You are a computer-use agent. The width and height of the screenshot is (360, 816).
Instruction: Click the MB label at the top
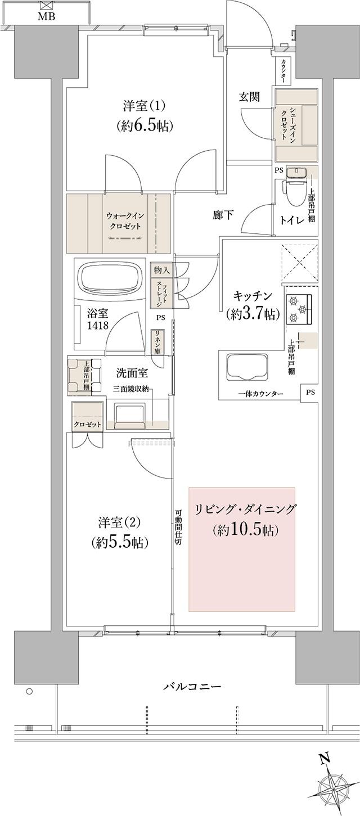click(x=46, y=16)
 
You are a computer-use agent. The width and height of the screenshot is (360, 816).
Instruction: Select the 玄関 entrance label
click(x=249, y=97)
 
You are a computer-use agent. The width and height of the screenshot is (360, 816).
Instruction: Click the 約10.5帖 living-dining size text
click(x=246, y=529)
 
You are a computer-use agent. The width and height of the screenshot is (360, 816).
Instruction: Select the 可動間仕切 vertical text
click(x=177, y=528)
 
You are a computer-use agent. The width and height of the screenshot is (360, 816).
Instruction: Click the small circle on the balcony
click(x=29, y=691)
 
